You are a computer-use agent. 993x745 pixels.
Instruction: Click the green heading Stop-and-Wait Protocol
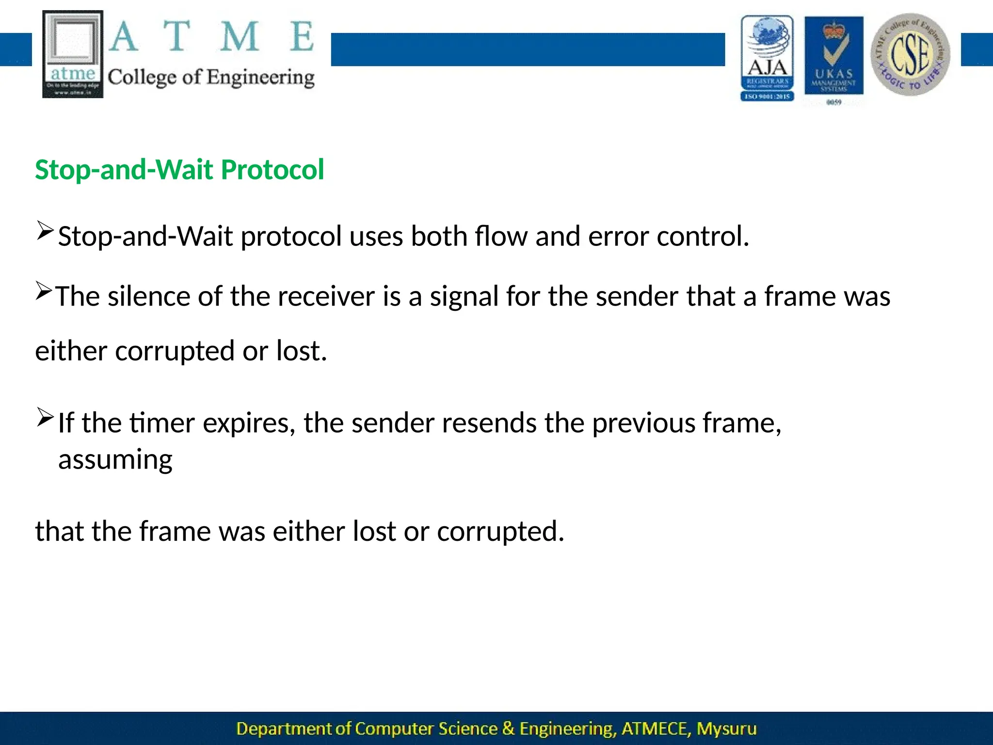tap(179, 170)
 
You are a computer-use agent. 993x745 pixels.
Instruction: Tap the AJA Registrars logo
tap(767, 58)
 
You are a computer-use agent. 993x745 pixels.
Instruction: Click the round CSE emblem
tap(910, 54)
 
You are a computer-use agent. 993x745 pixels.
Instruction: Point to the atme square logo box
tap(73, 54)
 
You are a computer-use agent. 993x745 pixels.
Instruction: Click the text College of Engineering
tap(211, 78)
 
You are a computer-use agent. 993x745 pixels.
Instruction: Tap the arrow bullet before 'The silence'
tap(44, 291)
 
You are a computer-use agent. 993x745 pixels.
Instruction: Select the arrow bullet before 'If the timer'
tap(45, 418)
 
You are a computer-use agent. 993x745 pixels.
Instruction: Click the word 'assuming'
tap(115, 459)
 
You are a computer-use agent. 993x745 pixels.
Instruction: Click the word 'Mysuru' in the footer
tap(726, 729)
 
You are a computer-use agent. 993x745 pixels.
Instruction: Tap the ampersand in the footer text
tap(508, 729)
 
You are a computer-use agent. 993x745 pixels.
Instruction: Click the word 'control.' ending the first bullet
tap(703, 236)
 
